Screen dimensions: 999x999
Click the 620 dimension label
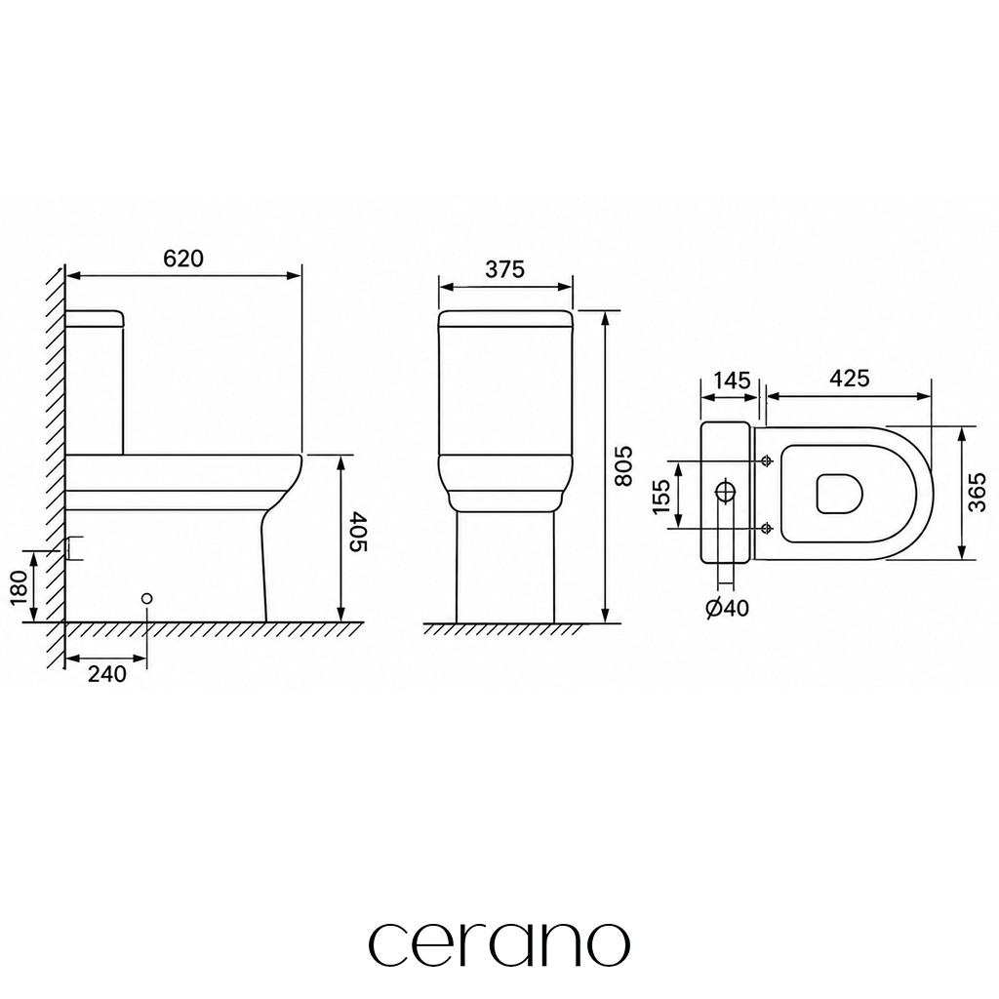pyautogui.click(x=183, y=258)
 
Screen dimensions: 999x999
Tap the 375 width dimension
pyautogui.click(x=504, y=269)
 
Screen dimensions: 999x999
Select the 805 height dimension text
pyautogui.click(x=623, y=465)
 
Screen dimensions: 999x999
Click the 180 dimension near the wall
pyautogui.click(x=20, y=588)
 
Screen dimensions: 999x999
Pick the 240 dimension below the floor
pyautogui.click(x=107, y=673)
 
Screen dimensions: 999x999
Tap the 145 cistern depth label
pyautogui.click(x=732, y=380)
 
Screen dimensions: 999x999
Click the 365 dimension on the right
pyautogui.click(x=976, y=492)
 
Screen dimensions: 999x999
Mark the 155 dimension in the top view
pyautogui.click(x=662, y=496)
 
